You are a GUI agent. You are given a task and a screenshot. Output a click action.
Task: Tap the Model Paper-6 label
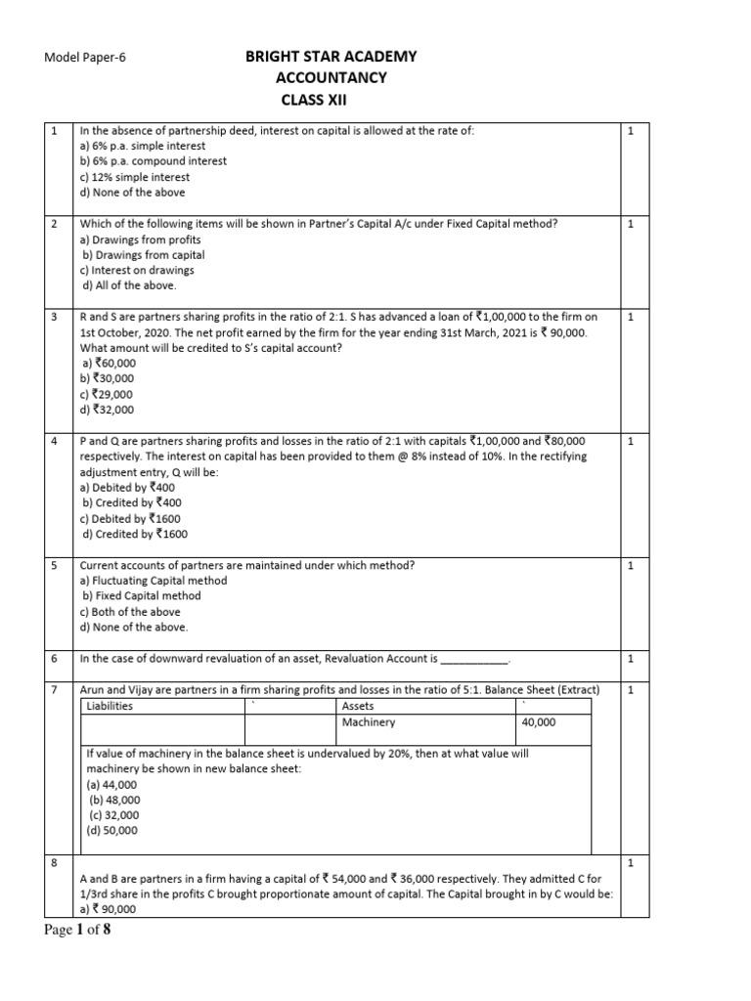coord(86,58)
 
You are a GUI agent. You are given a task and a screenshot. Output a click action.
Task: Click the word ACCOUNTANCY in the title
coord(331,78)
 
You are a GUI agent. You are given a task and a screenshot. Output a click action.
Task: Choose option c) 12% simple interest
coord(135,177)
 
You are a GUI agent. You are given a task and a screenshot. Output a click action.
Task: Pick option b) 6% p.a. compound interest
coord(153,161)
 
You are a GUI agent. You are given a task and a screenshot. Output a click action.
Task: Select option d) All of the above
coord(130,286)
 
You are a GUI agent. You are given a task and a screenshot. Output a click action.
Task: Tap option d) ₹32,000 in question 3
coord(109,410)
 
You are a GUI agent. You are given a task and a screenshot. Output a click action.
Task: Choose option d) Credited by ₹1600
coord(135,535)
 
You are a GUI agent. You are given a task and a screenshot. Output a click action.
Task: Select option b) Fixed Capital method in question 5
coord(142,596)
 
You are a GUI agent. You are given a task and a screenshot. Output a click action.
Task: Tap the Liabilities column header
coord(110,706)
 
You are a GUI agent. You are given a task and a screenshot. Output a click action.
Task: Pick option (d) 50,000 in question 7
coord(112,831)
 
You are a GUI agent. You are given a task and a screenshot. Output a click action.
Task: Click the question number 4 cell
coord(54,442)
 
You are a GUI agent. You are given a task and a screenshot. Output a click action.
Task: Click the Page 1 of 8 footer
coord(78,931)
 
